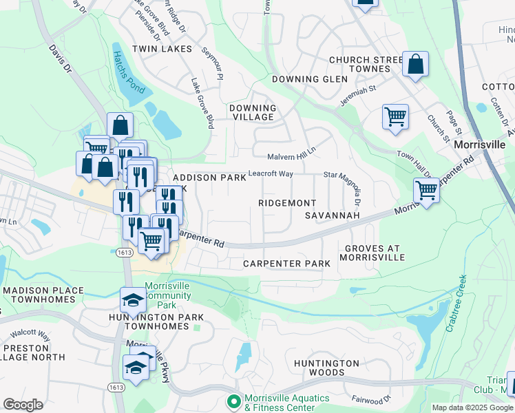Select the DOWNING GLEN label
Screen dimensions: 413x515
click(x=304, y=79)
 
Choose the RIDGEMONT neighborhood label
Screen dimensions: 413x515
click(x=287, y=203)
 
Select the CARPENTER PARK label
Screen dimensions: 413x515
click(x=287, y=264)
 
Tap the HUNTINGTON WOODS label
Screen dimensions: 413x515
click(x=326, y=368)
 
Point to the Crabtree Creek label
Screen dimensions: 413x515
click(x=455, y=304)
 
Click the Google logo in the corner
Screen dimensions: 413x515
click(x=23, y=405)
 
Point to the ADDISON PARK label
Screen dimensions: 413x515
click(x=209, y=178)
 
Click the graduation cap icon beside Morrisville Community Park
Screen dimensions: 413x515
click(x=133, y=300)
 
